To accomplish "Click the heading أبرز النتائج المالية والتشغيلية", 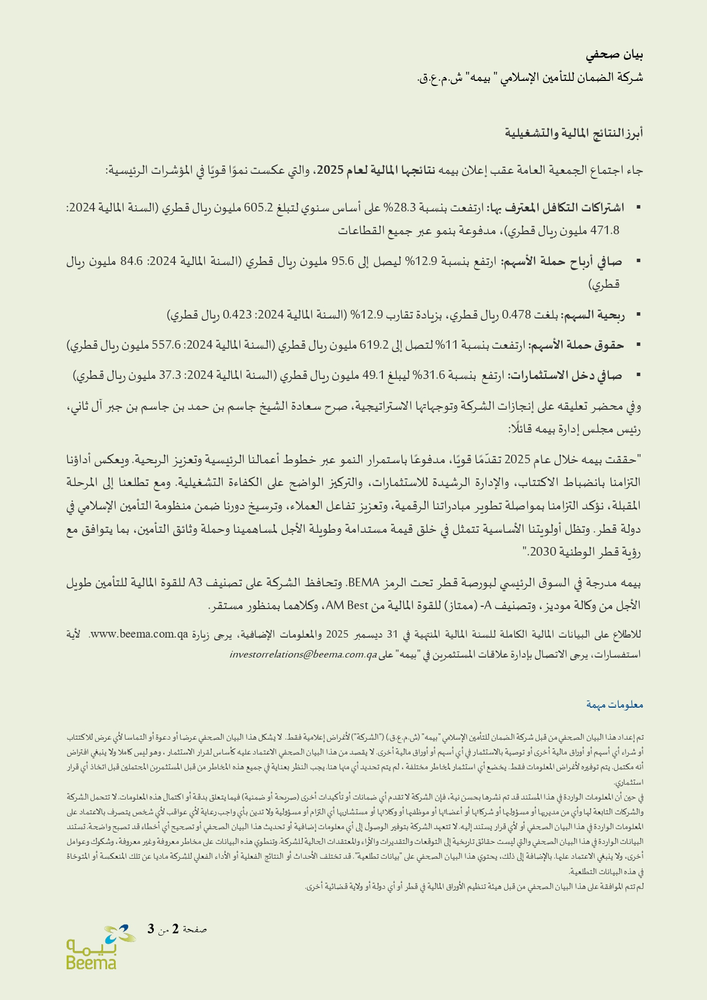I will pos(574,133).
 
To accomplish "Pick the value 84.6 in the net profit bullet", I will pos(132,262).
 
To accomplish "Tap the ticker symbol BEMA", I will pos(363,583).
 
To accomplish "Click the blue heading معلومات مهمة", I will pos(615,705).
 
